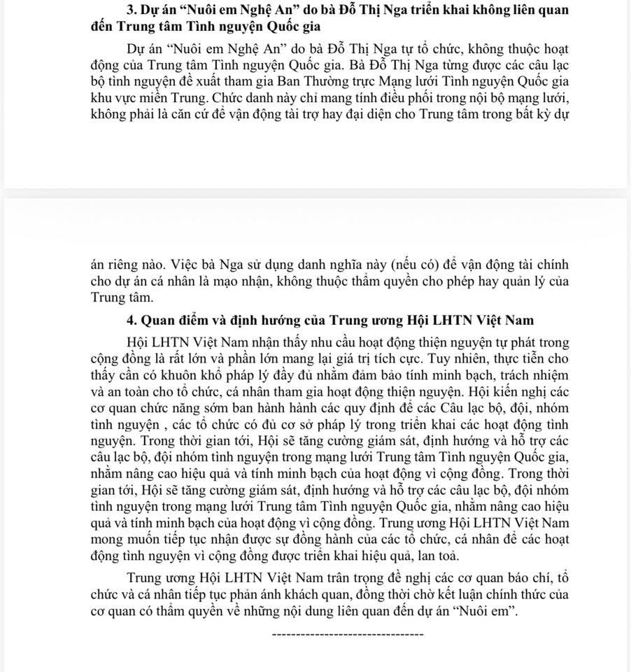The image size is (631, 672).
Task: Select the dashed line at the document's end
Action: (347, 634)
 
